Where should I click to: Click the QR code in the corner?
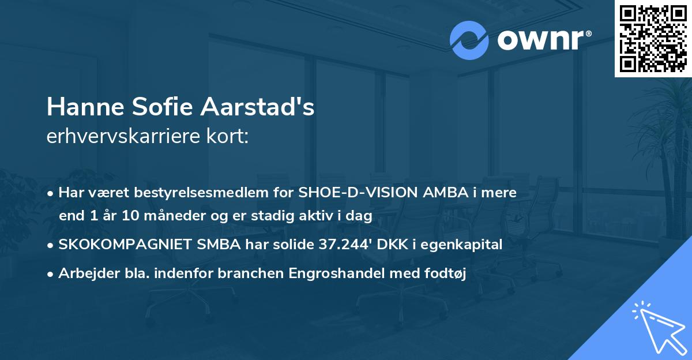653,38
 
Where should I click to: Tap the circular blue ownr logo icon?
469,40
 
